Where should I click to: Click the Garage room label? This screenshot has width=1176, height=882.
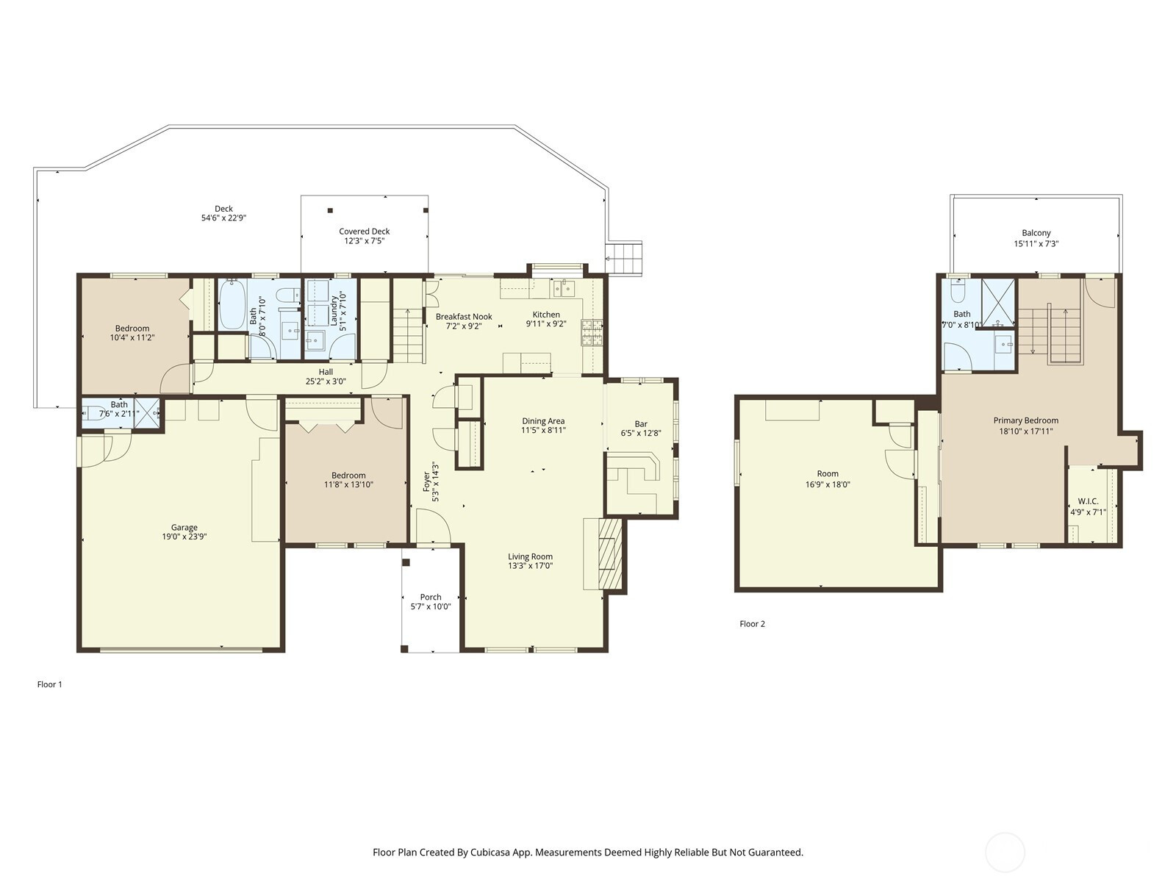click(x=184, y=527)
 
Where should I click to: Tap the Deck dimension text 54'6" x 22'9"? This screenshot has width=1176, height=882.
click(x=223, y=218)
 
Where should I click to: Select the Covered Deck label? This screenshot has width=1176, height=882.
click(x=364, y=232)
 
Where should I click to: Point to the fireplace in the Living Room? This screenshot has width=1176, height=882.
click(x=609, y=554)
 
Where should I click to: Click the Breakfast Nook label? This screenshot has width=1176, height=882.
click(x=464, y=317)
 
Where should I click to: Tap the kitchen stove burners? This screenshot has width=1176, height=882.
click(x=592, y=333)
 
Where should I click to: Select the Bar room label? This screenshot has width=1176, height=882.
click(x=641, y=424)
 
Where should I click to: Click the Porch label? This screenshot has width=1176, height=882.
click(x=431, y=597)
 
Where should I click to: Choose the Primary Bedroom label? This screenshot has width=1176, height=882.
click(x=1026, y=420)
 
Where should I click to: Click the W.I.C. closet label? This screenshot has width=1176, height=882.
click(x=1088, y=501)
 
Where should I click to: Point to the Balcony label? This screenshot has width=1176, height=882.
click(x=1036, y=233)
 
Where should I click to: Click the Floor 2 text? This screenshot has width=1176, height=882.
click(x=752, y=624)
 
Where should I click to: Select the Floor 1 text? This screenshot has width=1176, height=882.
click(x=50, y=684)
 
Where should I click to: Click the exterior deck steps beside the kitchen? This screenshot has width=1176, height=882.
click(x=623, y=258)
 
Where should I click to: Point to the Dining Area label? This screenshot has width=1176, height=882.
click(x=543, y=421)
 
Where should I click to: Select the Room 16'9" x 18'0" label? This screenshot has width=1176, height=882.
click(x=828, y=474)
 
